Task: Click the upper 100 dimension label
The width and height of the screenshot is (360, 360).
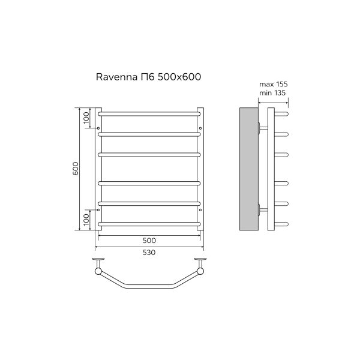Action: pyautogui.click(x=86, y=118)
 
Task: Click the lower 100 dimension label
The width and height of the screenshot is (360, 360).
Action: pyautogui.click(x=86, y=219)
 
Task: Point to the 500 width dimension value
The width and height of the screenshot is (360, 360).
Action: pyautogui.click(x=149, y=240)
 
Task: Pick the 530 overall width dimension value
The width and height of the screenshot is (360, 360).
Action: pyautogui.click(x=149, y=253)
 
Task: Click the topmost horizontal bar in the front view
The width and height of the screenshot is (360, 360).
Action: pyautogui.click(x=149, y=113)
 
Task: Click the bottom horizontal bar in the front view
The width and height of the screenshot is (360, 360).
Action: pyautogui.click(x=149, y=224)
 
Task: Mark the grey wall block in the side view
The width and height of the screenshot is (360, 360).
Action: pyautogui.click(x=248, y=169)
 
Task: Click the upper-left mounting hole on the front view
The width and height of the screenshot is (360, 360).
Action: pyautogui.click(x=98, y=128)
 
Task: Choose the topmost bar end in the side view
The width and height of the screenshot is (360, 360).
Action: pyautogui.click(x=283, y=113)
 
